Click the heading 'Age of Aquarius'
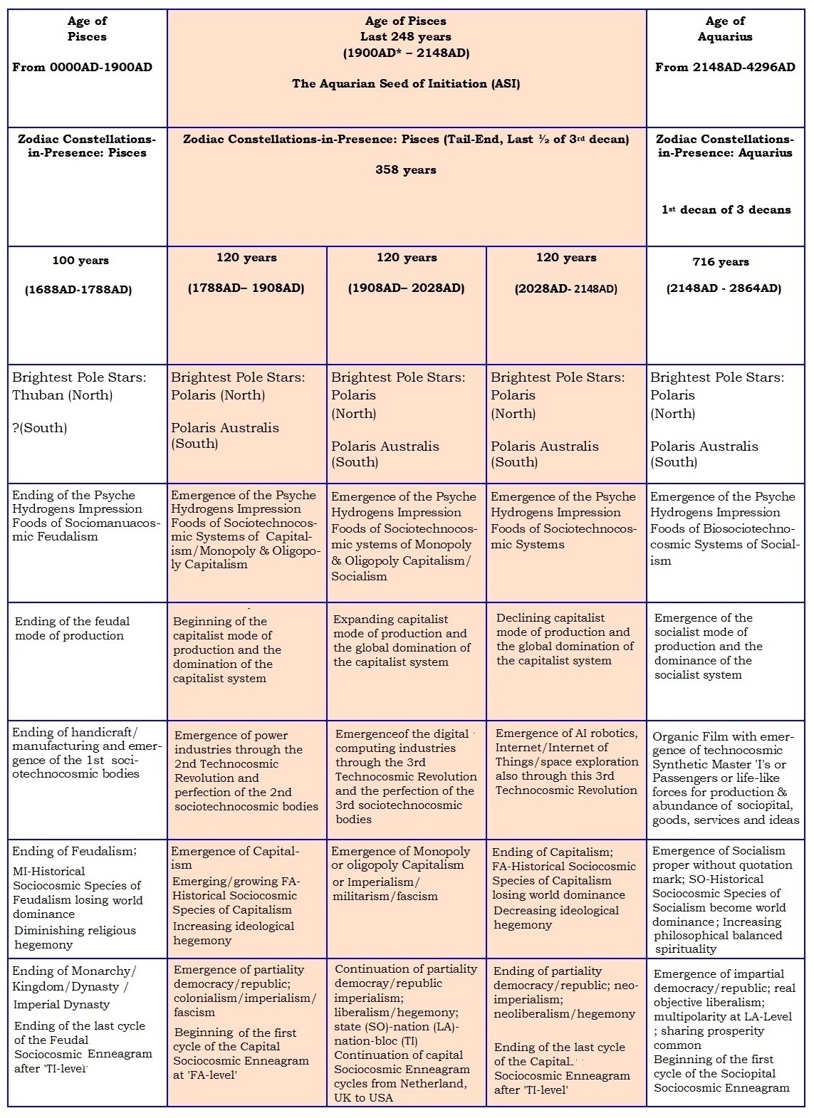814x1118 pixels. click(x=725, y=28)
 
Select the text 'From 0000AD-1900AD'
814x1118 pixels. click(x=82, y=68)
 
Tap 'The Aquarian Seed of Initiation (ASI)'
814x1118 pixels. click(x=406, y=84)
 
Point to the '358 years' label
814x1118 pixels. click(x=406, y=170)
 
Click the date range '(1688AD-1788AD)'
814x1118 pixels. click(x=80, y=291)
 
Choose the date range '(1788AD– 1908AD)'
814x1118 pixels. click(x=246, y=288)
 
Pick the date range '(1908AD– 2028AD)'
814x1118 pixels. click(x=406, y=288)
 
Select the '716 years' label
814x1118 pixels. click(x=721, y=262)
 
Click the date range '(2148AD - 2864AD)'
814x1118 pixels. click(x=724, y=288)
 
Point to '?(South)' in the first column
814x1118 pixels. click(x=40, y=428)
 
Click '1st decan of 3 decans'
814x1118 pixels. click(x=726, y=210)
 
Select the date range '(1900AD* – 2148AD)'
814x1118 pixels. click(x=406, y=53)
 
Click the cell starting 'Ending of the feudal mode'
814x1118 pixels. click(x=72, y=629)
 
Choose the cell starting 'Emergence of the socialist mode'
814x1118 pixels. click(x=708, y=647)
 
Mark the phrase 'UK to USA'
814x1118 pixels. click(x=362, y=1097)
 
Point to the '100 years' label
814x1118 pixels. click(x=80, y=261)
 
